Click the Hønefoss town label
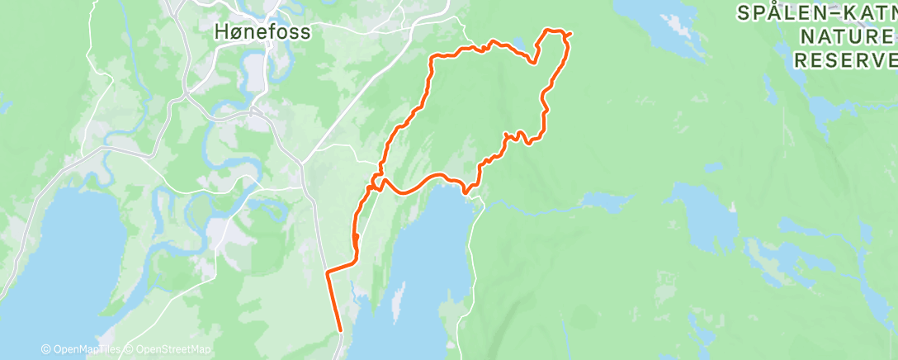coord(262,32)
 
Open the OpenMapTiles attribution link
coord(85,350)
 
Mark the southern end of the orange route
coord(341,332)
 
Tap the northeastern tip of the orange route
coord(570,33)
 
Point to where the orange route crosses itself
coord(378,179)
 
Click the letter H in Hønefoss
coord(220,32)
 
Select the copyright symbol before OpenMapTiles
coord(46,350)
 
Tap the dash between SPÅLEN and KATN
coord(827,13)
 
